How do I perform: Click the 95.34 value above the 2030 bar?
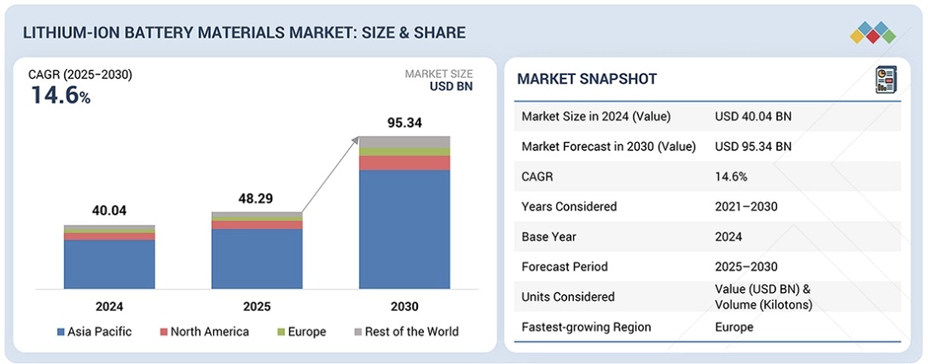(x=404, y=123)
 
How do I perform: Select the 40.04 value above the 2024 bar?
(x=109, y=211)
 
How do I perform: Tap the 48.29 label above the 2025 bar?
(x=257, y=198)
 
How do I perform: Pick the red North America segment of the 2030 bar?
(x=404, y=163)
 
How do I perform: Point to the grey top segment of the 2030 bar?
(x=404, y=141)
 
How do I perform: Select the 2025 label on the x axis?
(x=257, y=306)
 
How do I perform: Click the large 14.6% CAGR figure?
(x=61, y=96)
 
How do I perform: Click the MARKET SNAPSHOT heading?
(x=587, y=79)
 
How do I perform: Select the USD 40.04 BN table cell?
(x=753, y=116)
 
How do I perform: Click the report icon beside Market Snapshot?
(x=884, y=80)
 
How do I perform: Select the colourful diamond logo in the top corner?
(x=873, y=32)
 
